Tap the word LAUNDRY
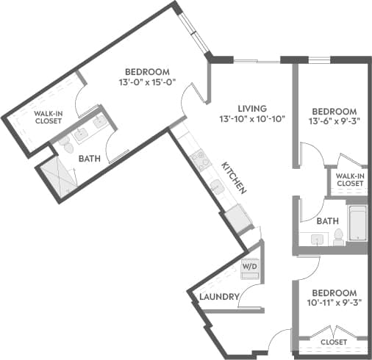coord(220,298)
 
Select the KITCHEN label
coord(235,177)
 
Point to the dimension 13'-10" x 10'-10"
coord(251,118)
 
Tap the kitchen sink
coord(216,189)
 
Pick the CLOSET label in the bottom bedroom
coord(333,342)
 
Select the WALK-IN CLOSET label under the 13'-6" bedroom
coord(349,180)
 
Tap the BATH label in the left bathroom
coord(90,157)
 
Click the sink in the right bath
coord(318,239)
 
